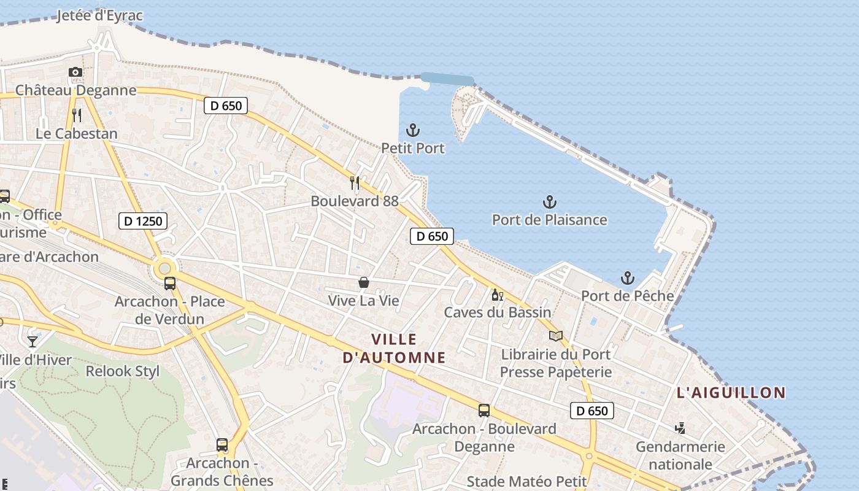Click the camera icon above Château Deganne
(x=75, y=72)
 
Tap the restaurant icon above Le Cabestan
(x=77, y=115)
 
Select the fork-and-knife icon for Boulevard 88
(x=355, y=182)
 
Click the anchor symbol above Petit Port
(x=413, y=130)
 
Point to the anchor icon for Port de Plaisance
(x=550, y=201)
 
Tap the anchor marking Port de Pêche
(x=627, y=278)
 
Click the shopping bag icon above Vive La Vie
(x=364, y=282)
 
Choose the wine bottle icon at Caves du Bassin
(x=497, y=295)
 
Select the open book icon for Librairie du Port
(x=556, y=336)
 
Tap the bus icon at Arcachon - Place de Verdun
(x=170, y=284)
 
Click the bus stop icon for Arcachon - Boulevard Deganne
(x=484, y=411)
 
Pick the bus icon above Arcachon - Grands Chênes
(x=222, y=445)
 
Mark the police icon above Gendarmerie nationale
(x=680, y=428)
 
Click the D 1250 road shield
(x=143, y=221)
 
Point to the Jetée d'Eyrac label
(x=99, y=15)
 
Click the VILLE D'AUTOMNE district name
(x=394, y=348)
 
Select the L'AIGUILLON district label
(x=731, y=393)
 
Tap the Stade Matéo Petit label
(x=526, y=481)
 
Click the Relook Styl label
(x=123, y=371)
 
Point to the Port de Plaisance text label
(x=550, y=220)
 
